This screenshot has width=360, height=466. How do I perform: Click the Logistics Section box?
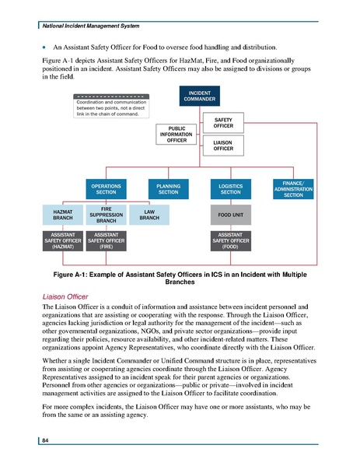[x=229, y=190]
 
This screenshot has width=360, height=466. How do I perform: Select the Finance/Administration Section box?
[x=293, y=190]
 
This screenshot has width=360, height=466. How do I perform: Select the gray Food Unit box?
[x=229, y=215]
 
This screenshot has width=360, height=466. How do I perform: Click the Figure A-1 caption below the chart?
[x=180, y=279]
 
